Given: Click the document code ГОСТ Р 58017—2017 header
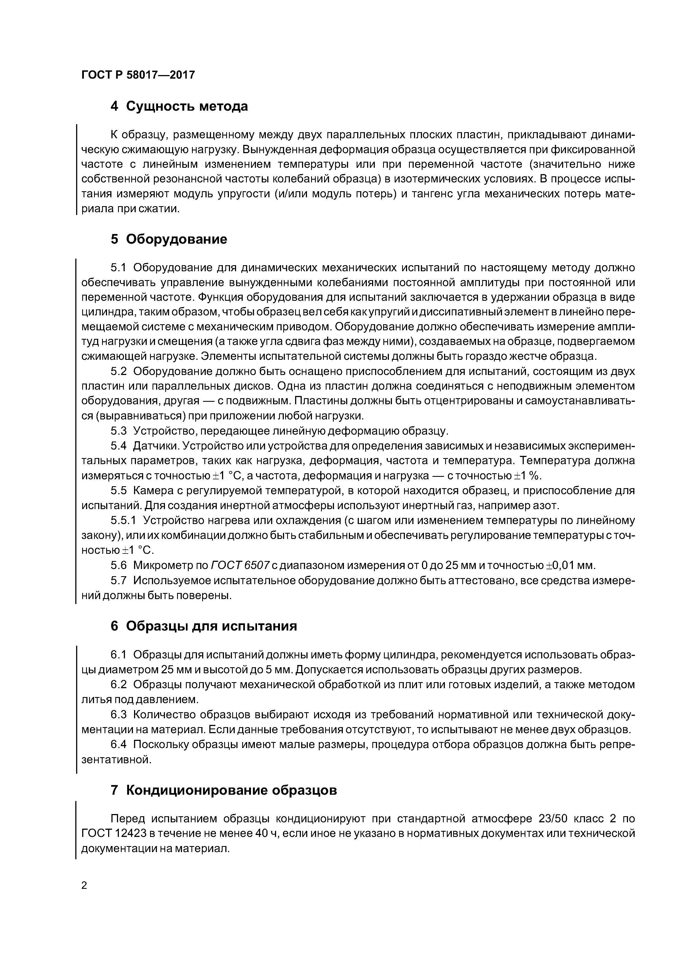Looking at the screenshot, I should (x=138, y=75).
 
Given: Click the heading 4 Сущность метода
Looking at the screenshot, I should (x=179, y=106).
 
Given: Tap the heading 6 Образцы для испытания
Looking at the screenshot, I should (x=204, y=626).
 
